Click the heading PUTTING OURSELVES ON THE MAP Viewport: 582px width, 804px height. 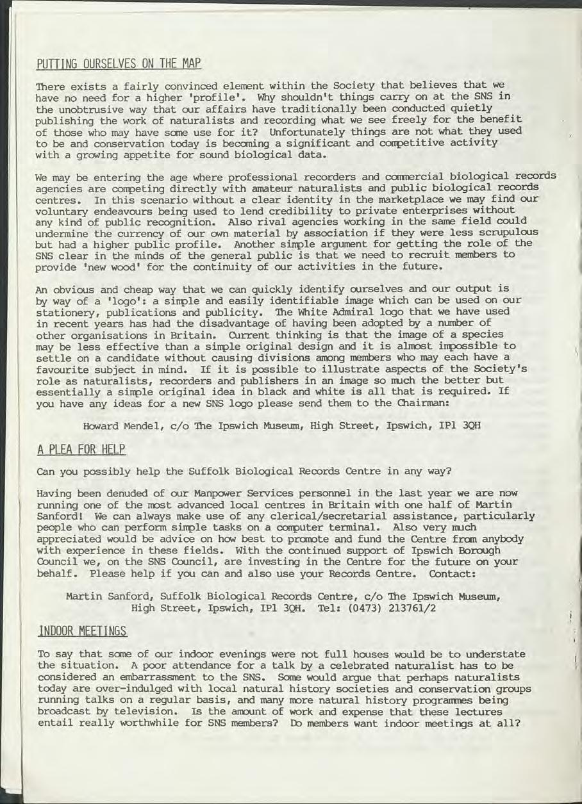coord(119,64)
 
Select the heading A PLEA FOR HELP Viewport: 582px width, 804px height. coord(81,450)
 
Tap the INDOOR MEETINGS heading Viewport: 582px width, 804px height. coord(83,632)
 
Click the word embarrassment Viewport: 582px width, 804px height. coord(147,677)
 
